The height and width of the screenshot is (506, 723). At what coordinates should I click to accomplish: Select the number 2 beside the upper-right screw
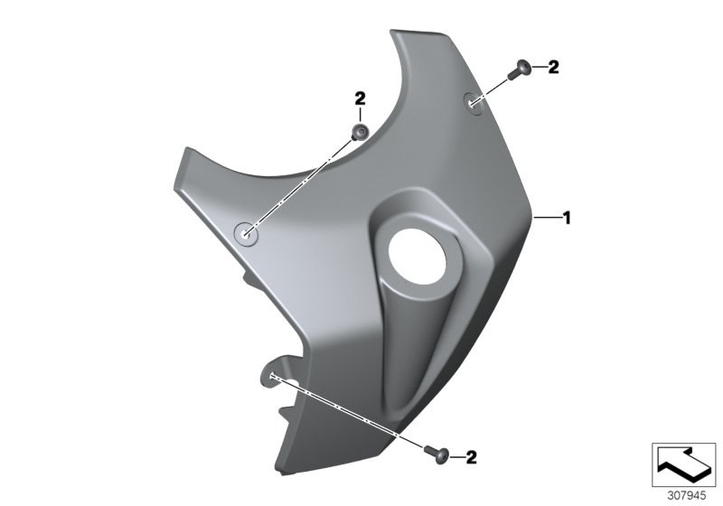click(554, 67)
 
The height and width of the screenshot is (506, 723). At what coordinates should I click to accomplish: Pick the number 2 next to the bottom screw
click(472, 458)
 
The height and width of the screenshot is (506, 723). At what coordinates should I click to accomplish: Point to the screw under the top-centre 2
click(360, 134)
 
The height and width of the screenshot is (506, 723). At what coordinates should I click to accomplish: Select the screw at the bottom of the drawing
click(431, 449)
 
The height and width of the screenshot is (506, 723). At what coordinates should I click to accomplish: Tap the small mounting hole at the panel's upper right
click(475, 104)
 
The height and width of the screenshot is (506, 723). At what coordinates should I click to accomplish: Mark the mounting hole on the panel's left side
click(245, 233)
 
